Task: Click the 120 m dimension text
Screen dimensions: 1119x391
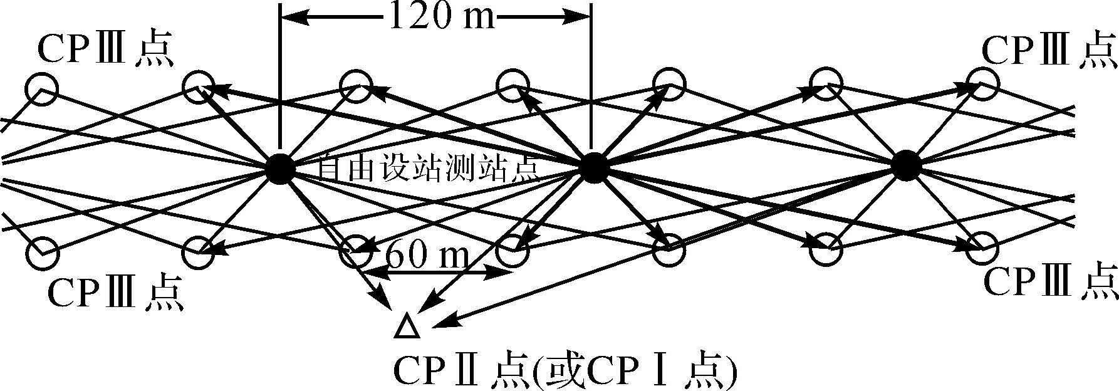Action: (436, 17)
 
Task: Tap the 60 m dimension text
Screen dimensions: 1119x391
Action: (425, 256)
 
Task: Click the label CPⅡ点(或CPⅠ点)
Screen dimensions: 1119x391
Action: (565, 372)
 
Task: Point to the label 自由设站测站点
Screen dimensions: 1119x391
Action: (428, 169)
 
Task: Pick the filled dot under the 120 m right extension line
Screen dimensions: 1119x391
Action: (592, 167)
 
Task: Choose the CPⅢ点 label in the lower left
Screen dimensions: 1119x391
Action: (116, 293)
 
